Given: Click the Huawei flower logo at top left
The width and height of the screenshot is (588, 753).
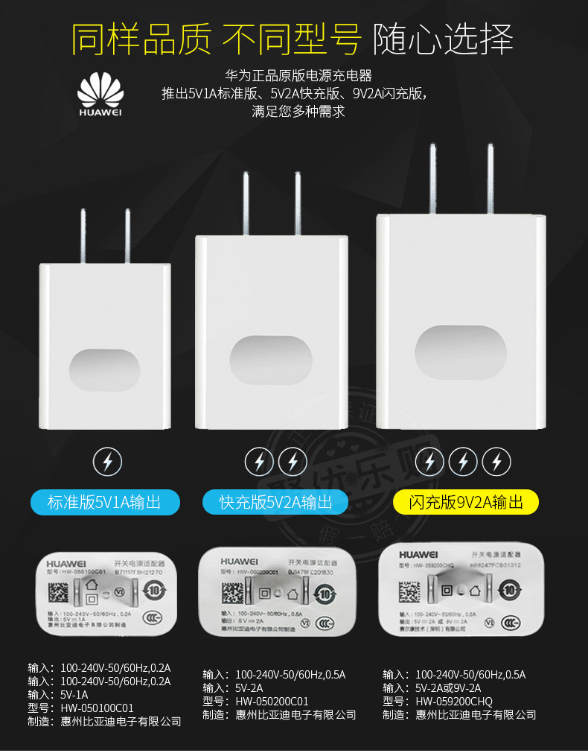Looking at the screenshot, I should coord(100,92).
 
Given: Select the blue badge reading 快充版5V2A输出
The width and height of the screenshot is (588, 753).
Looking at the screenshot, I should coord(275,501).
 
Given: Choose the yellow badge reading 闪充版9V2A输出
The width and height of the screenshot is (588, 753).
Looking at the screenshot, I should coord(466,501).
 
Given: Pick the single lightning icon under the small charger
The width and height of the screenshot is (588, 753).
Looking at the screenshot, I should coord(107,463).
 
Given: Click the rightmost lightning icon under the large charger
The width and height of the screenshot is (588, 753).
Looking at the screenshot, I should coord(496,462).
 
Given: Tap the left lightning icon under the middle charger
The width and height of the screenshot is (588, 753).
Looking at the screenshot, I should coord(260,462).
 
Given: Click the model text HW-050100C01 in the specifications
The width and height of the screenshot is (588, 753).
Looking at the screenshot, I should coord(98,708).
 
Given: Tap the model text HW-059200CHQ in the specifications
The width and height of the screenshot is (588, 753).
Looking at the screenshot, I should coord(453,701).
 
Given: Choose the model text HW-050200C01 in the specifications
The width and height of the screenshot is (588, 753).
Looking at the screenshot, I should coord(272,701).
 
